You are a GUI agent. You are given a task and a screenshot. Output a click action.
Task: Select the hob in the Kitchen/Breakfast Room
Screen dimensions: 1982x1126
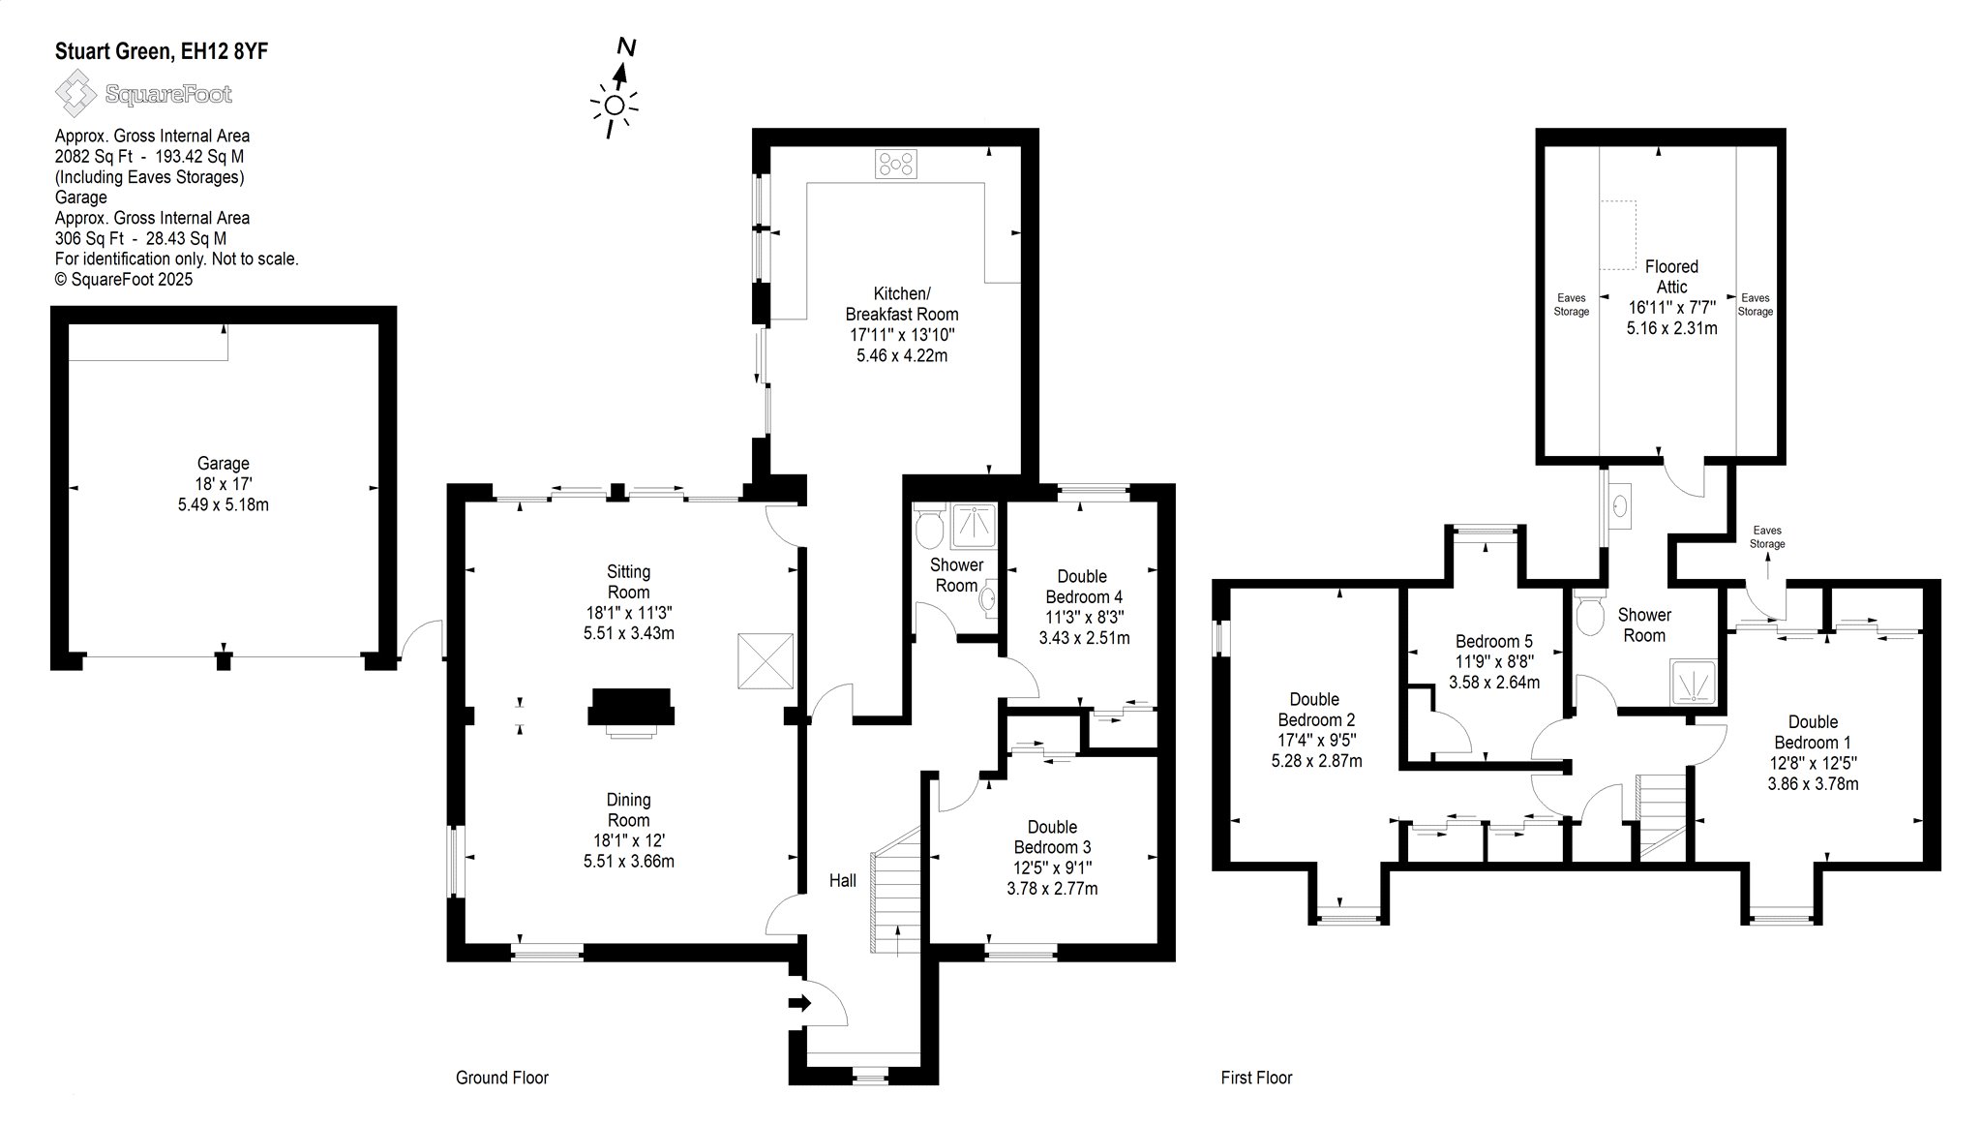pyautogui.click(x=896, y=164)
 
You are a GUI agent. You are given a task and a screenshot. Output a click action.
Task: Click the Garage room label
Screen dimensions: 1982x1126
pyautogui.click(x=224, y=464)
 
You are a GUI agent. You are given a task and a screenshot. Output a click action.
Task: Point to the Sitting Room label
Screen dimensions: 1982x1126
pyautogui.click(x=629, y=582)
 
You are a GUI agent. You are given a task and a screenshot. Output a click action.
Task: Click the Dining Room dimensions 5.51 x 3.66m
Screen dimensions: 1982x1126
pyautogui.click(x=629, y=861)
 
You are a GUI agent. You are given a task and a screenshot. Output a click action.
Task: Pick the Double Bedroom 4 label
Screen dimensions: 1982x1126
pyautogui.click(x=1083, y=587)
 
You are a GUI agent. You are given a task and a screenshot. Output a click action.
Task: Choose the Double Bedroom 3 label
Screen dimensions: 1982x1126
pyautogui.click(x=1052, y=837)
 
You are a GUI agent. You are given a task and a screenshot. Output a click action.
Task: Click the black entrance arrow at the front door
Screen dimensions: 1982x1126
pyautogui.click(x=800, y=1003)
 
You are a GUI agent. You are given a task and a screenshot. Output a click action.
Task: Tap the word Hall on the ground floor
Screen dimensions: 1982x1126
pyautogui.click(x=843, y=880)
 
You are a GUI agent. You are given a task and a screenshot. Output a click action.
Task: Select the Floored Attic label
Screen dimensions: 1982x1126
pyautogui.click(x=1671, y=276)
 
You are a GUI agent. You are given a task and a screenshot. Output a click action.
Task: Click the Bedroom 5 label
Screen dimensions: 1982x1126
pyautogui.click(x=1494, y=641)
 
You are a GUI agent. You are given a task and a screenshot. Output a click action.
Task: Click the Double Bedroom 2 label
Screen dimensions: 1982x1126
pyautogui.click(x=1316, y=710)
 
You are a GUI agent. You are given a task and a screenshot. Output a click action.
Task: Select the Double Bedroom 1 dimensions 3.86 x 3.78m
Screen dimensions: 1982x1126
pyautogui.click(x=1813, y=783)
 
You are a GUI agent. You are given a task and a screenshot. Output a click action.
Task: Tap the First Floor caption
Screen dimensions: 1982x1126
pyautogui.click(x=1256, y=1078)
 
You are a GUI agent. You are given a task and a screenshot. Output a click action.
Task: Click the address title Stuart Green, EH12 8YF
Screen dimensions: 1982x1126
pyautogui.click(x=162, y=51)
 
